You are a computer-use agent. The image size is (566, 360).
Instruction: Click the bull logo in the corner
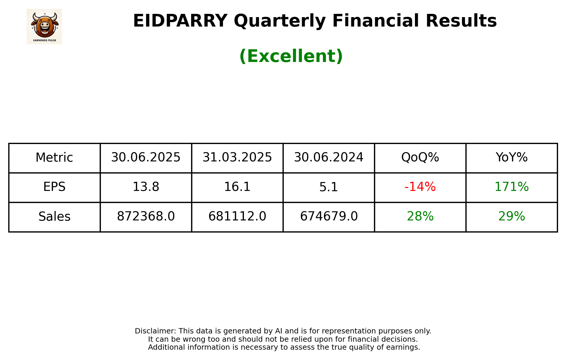tap(44, 26)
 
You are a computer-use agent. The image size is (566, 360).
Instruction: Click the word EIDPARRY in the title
tap(180, 21)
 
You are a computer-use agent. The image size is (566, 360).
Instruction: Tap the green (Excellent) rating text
tap(291, 56)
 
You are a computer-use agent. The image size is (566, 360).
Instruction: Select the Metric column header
tap(54, 158)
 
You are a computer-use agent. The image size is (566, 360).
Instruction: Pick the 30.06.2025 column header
tap(146, 158)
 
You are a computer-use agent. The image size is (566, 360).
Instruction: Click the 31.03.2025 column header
tap(237, 158)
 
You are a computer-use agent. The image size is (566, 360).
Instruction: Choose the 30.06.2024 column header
tap(329, 158)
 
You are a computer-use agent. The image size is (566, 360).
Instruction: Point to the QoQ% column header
tap(420, 158)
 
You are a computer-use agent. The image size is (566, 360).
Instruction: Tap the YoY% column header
tap(511, 158)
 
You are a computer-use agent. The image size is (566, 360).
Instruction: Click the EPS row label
tap(54, 187)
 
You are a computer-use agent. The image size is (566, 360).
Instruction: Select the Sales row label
tap(54, 217)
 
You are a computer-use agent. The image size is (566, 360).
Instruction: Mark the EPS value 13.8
tap(146, 187)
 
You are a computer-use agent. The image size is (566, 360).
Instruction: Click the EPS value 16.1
tap(237, 187)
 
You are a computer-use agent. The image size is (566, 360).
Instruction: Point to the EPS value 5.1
tap(329, 187)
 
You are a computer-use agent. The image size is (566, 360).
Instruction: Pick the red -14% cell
tap(420, 187)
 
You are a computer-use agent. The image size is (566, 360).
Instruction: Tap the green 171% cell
tap(511, 187)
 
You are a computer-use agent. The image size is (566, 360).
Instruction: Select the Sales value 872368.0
tap(146, 217)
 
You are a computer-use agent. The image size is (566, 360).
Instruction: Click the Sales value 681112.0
tap(237, 217)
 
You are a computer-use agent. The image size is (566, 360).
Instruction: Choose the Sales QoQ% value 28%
tap(420, 217)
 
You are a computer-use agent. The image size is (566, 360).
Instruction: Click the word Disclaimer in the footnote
tap(155, 331)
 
